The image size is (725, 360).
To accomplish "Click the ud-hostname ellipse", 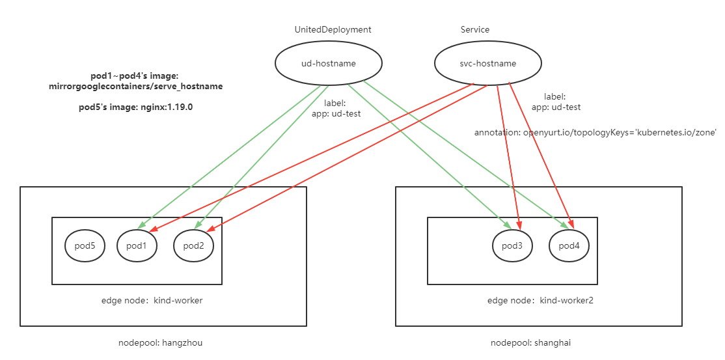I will [329, 63].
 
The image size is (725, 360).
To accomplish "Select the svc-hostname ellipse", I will [487, 63].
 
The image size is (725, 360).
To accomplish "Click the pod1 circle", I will [137, 245].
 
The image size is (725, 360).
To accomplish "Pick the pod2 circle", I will [194, 245].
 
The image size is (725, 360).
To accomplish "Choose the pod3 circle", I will [512, 245].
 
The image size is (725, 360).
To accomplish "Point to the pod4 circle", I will [569, 245].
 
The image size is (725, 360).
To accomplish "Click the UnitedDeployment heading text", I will [333, 29].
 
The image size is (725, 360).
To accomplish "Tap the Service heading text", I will [474, 29].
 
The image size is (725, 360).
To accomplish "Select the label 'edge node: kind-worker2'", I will [540, 301].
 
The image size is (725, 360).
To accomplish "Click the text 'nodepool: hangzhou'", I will [160, 342].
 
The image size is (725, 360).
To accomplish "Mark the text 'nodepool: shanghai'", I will [530, 342].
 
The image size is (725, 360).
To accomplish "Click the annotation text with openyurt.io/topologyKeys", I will [595, 132].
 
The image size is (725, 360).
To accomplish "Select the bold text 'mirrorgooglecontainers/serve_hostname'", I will [135, 86].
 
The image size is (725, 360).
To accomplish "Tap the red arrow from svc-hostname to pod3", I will [507, 156].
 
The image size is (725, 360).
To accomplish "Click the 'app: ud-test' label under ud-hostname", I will [342, 113].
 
